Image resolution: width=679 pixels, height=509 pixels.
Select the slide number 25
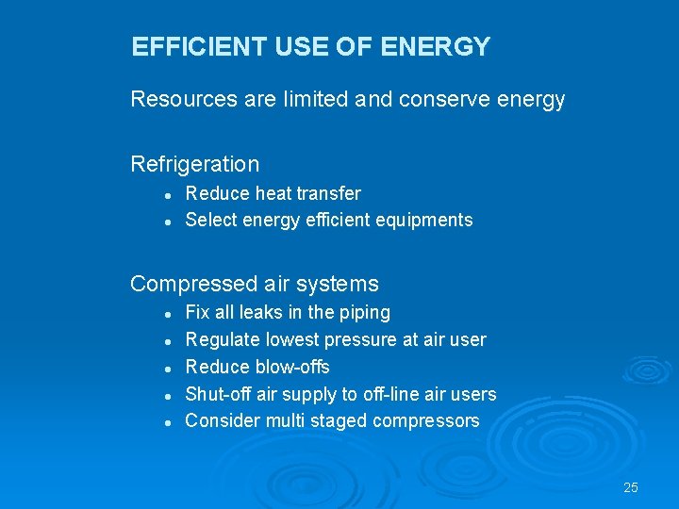631,487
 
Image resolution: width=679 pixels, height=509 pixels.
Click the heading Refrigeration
194,164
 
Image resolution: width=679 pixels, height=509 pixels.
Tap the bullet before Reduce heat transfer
166,195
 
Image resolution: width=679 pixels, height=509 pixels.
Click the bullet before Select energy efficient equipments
166,222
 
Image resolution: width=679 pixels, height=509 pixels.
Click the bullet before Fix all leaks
166,314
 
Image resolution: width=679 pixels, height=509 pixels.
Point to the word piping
364,312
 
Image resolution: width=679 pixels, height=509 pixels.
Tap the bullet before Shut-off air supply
166,396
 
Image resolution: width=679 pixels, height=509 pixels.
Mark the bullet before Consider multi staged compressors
166,422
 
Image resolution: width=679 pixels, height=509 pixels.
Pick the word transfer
328,193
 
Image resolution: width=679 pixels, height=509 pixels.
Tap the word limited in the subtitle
317,99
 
